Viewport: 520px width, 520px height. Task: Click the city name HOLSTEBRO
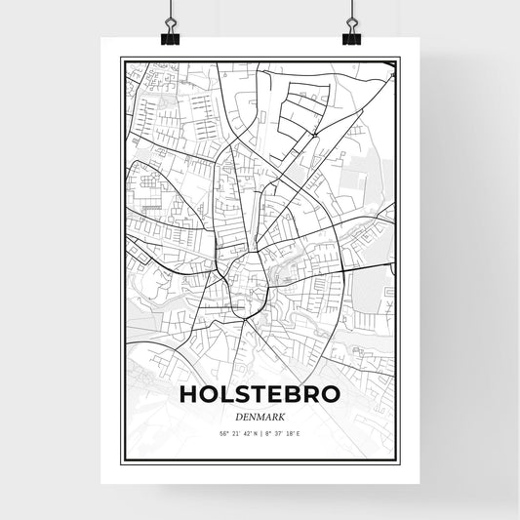(260, 395)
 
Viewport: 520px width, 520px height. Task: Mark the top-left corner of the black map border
(121, 59)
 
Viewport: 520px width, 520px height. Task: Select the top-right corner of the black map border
(398, 59)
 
